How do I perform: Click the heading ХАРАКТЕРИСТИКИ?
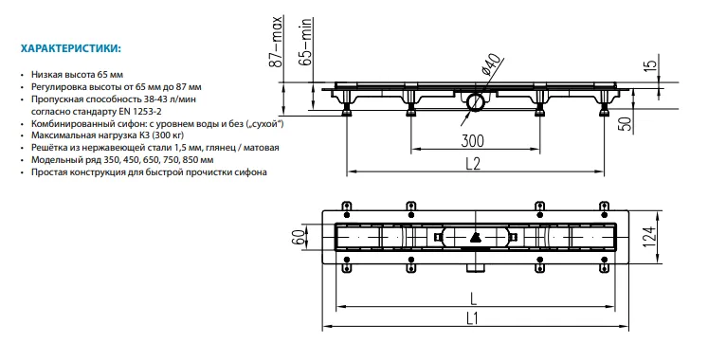(x=71, y=48)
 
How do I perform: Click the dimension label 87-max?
(x=276, y=42)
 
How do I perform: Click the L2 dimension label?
(x=472, y=163)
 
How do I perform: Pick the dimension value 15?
(x=651, y=64)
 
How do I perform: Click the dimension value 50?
(x=626, y=125)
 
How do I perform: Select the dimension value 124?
(x=651, y=238)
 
